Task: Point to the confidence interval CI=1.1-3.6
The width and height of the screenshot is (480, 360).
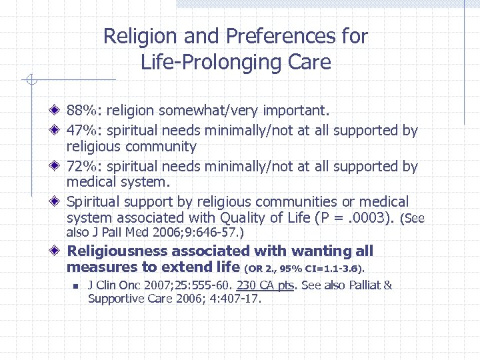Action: coord(331,269)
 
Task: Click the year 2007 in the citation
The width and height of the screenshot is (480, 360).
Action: coord(146,286)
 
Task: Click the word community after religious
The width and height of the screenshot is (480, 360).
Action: coord(163,147)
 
